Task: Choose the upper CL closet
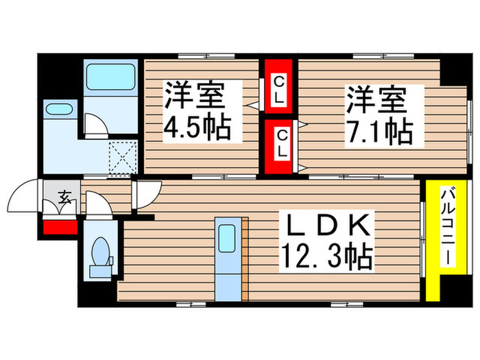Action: [x=278, y=91]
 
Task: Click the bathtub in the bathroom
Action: [x=111, y=77]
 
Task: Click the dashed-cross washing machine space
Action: [x=125, y=156]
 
